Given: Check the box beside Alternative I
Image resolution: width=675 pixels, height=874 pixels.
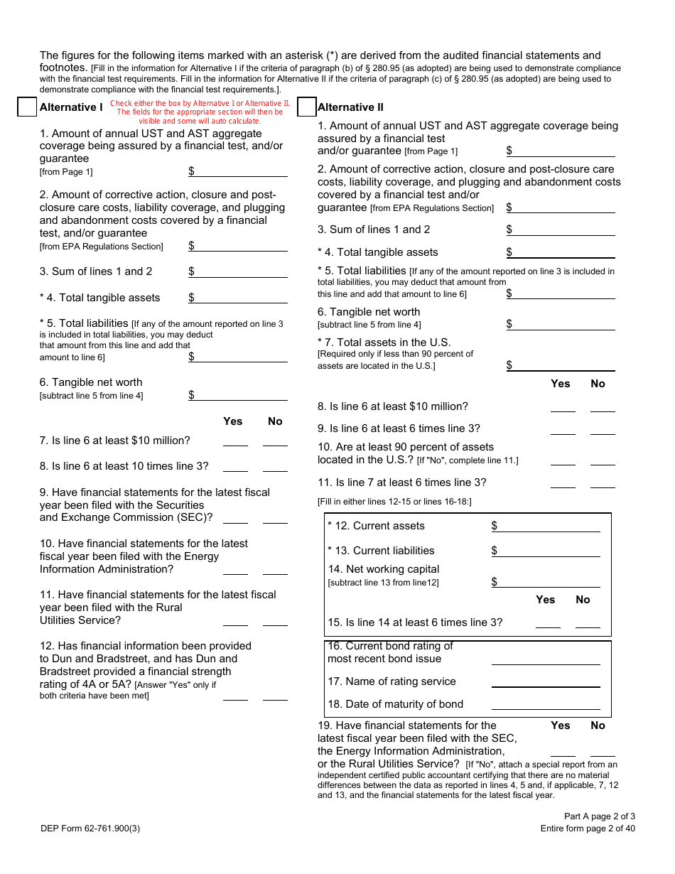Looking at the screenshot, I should [27, 107].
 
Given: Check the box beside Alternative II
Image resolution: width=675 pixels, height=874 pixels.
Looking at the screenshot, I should [306, 107].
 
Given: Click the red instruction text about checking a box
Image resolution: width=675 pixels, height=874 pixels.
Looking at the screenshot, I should [200, 112].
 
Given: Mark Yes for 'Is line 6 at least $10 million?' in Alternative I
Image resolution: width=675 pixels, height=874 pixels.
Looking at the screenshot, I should [235, 441].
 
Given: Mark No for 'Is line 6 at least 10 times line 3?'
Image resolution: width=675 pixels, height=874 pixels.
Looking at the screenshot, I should [275, 466].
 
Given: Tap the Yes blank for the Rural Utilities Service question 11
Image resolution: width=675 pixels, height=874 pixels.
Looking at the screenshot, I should [235, 620].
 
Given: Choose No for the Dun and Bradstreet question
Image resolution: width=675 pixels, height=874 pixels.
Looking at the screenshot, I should [275, 695].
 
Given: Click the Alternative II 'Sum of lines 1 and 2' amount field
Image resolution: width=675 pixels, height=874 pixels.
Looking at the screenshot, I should [563, 230].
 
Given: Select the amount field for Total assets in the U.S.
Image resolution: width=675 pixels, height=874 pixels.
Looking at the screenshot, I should [563, 365].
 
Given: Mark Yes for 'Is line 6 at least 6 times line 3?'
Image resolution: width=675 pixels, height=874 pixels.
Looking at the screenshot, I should [563, 428].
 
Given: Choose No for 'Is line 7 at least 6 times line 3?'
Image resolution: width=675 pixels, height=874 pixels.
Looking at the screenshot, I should [603, 482].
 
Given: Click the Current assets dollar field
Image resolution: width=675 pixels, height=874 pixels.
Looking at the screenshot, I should [548, 526].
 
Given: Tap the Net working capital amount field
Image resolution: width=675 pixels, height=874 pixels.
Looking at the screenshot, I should [548, 582].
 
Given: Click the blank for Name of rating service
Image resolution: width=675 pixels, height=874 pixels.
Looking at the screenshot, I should [546, 681].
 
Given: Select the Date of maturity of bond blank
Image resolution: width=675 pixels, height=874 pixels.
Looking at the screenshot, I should [546, 704].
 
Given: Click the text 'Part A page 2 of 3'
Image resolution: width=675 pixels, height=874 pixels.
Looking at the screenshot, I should [600, 816].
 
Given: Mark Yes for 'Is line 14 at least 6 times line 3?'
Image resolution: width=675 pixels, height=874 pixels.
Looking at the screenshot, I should [548, 622].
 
